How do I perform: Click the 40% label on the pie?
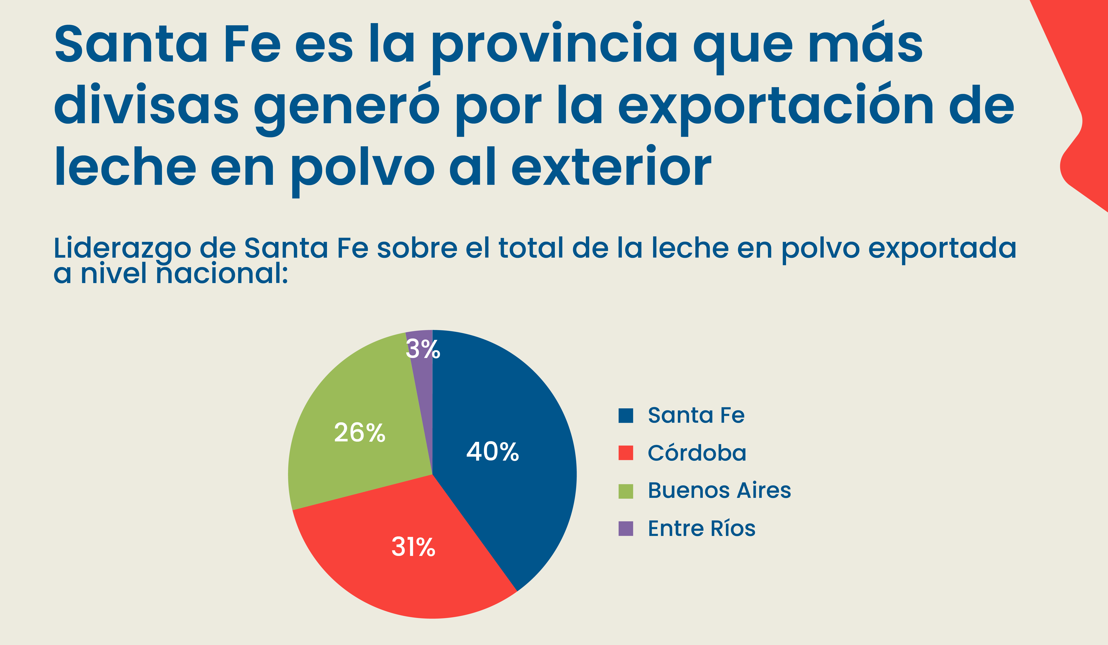(492, 452)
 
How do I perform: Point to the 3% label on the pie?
(422, 349)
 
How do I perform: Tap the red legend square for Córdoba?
(626, 453)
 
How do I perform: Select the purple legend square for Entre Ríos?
(626, 528)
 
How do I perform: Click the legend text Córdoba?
(697, 453)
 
